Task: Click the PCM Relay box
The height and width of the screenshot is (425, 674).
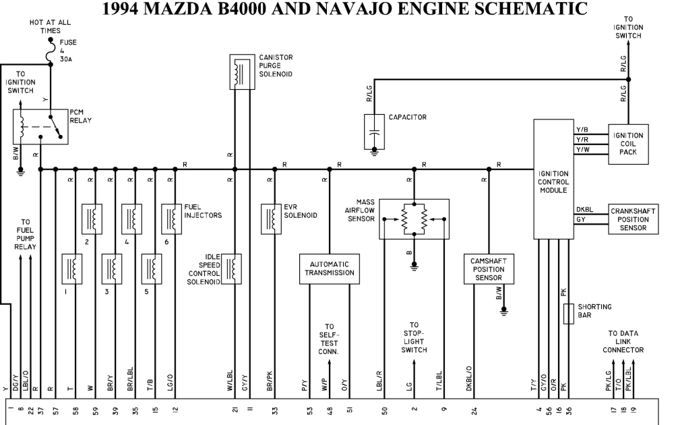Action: pyautogui.click(x=41, y=125)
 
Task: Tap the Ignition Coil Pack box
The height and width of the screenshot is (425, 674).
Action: pyautogui.click(x=628, y=144)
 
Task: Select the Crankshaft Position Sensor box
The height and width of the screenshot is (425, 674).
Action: pyautogui.click(x=633, y=219)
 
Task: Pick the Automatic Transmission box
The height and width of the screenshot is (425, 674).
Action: pyautogui.click(x=329, y=268)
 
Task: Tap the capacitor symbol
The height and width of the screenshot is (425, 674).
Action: pyautogui.click(x=373, y=132)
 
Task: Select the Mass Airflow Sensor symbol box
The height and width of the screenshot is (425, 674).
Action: pyautogui.click(x=414, y=219)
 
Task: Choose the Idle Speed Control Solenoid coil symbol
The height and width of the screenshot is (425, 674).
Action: pyautogui.click(x=233, y=269)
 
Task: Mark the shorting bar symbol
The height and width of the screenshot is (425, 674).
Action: pyautogui.click(x=568, y=313)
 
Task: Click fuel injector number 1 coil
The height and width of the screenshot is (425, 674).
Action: pyautogui.click(x=72, y=269)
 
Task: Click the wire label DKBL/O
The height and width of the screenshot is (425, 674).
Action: pyautogui.click(x=469, y=378)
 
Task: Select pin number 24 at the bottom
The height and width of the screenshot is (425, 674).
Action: pyautogui.click(x=474, y=409)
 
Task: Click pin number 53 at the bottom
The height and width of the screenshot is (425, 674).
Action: pyautogui.click(x=309, y=409)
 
